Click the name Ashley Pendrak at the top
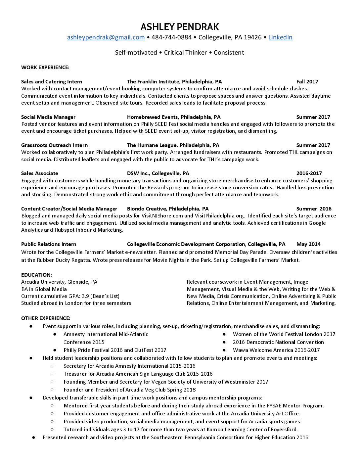tap(180, 26)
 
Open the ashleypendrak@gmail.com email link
tap(106, 37)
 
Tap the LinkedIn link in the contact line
tap(280, 37)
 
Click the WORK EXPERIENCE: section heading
tap(45, 68)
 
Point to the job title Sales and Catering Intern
tap(52, 82)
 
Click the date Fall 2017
tap(307, 82)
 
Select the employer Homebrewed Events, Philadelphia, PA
tap(174, 117)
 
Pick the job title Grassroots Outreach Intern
tap(54, 145)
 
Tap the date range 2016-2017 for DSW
tap(309, 173)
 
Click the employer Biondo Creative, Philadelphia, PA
tap(168, 209)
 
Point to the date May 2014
tap(308, 244)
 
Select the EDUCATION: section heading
tap(36, 275)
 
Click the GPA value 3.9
tap(85, 296)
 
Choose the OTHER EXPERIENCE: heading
tap(46, 318)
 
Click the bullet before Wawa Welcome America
tap(224, 350)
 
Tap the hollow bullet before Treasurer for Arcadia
tap(52, 374)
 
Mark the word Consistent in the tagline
tap(229, 53)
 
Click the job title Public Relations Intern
tap(49, 244)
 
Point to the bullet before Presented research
tap(33, 438)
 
